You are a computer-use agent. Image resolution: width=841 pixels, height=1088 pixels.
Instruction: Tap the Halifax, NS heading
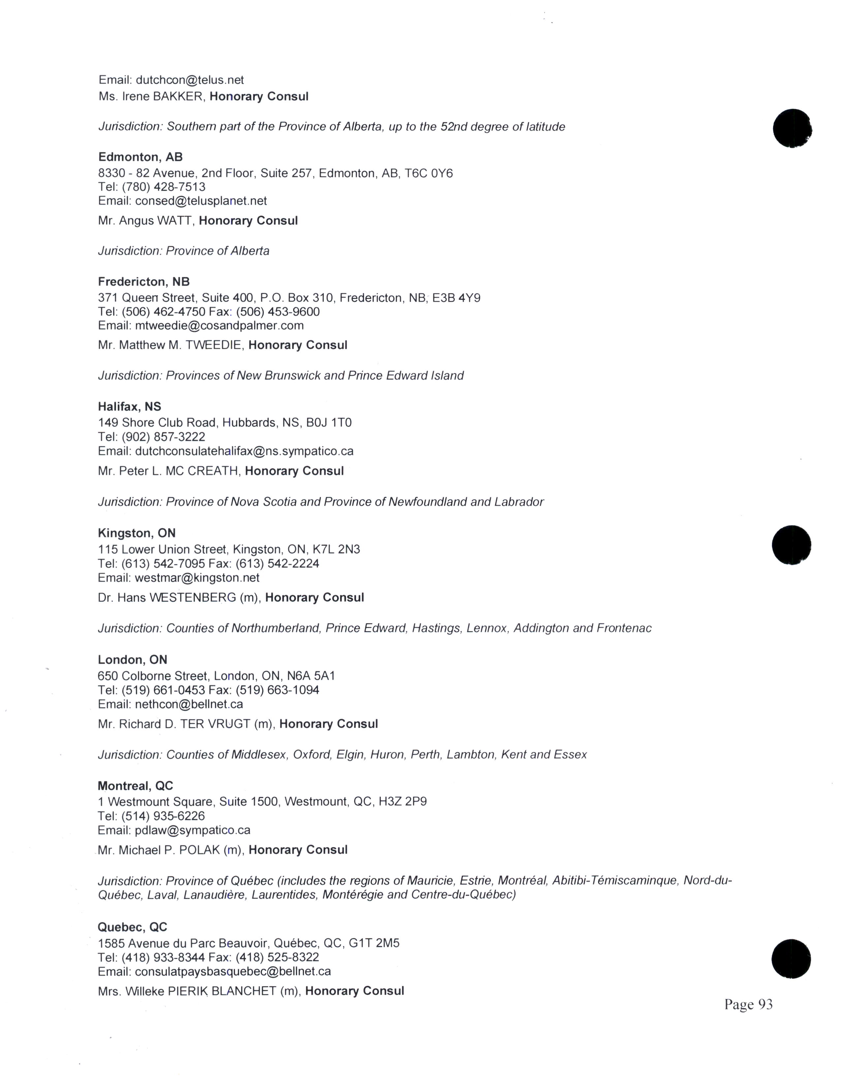(x=130, y=407)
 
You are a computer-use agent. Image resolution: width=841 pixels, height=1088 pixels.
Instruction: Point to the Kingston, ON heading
(x=137, y=533)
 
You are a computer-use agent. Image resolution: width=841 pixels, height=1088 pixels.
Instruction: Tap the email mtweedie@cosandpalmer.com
(x=219, y=325)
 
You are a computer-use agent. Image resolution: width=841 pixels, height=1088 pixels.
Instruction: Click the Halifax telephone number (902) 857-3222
(x=163, y=437)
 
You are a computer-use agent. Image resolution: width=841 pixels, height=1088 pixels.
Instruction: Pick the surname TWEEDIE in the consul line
(x=214, y=345)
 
